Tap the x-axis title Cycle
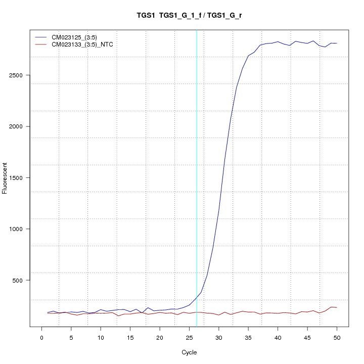click(x=189, y=352)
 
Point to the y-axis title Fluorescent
click(x=6, y=177)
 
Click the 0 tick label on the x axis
click(x=41, y=337)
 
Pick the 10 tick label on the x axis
click(x=101, y=337)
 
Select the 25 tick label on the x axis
click(x=189, y=337)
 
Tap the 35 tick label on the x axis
click(x=248, y=337)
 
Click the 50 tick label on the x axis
click(x=337, y=337)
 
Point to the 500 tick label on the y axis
click(x=20, y=280)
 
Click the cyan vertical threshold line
click(x=197, y=202)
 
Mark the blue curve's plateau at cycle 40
click(x=278, y=42)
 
